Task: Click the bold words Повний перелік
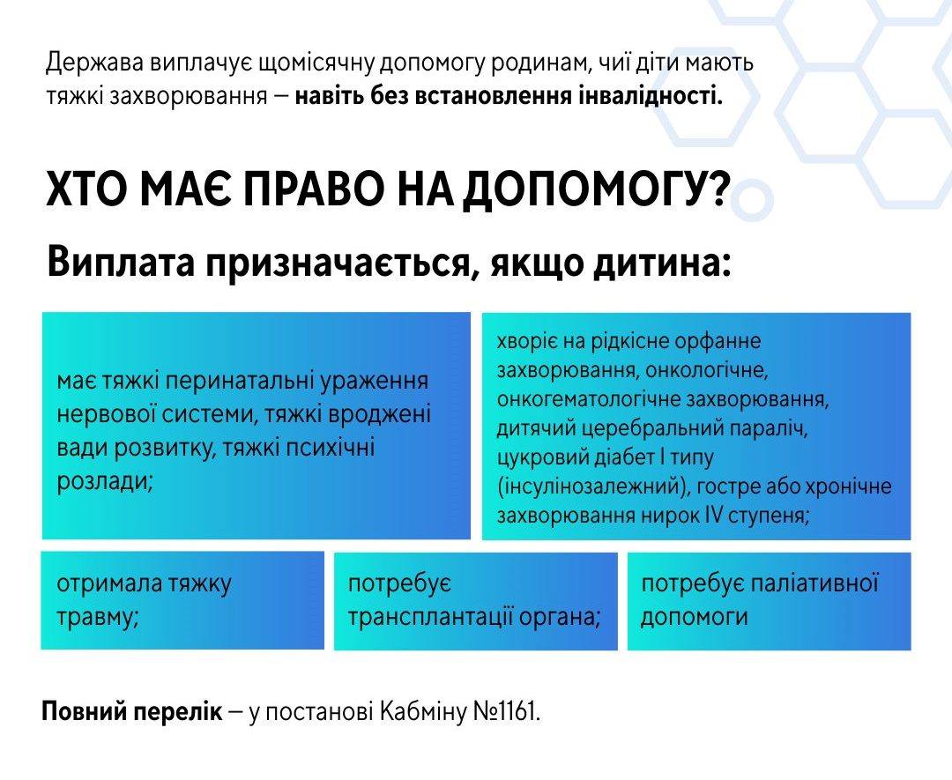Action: pyautogui.click(x=132, y=712)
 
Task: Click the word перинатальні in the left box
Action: pyautogui.click(x=239, y=382)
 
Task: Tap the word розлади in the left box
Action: pyautogui.click(x=104, y=481)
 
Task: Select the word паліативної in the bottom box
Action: pyautogui.click(x=814, y=583)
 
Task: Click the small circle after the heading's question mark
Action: pyautogui.click(x=752, y=200)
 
